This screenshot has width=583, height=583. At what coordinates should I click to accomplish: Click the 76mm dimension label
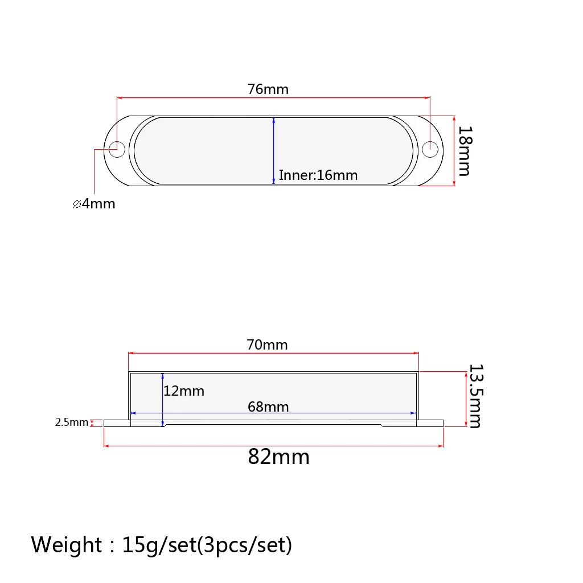[x=268, y=89]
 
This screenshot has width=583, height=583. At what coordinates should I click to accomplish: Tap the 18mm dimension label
[x=465, y=151]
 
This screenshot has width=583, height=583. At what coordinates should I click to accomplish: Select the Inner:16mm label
[x=318, y=175]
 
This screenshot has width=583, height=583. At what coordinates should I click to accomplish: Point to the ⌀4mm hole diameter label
[x=94, y=204]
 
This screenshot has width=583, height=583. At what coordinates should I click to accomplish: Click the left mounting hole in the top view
[x=117, y=150]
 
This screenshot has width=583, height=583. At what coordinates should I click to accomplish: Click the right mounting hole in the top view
[x=430, y=150]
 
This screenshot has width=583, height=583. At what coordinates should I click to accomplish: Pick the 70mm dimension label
[x=268, y=344]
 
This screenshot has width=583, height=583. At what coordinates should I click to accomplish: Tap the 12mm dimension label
[x=184, y=391]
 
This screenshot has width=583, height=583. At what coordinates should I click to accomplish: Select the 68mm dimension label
[x=269, y=407]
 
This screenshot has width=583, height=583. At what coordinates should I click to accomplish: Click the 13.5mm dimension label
[x=476, y=396]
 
